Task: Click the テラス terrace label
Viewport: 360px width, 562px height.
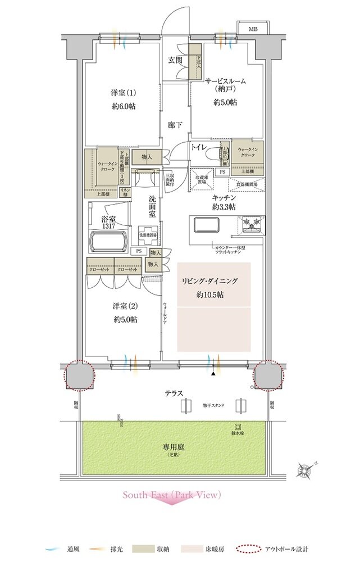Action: (x=175, y=393)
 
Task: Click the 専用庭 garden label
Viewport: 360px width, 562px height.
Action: (x=174, y=447)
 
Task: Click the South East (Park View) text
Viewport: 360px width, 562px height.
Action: (x=172, y=495)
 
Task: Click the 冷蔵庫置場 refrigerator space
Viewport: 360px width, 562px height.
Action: (x=200, y=180)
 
